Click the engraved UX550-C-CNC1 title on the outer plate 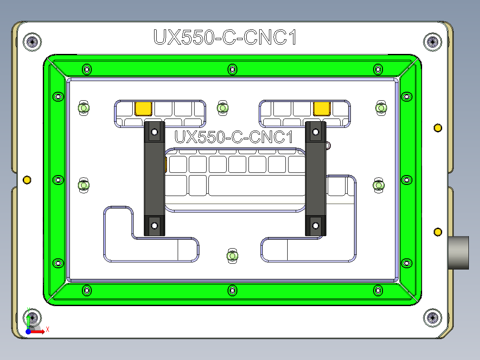coord(225,37)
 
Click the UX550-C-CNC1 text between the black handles coord(234,137)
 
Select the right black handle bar coord(315,178)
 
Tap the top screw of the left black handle coord(155,132)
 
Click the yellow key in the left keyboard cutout coord(143,108)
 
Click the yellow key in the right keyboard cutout coord(321,108)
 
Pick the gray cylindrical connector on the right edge coord(458,253)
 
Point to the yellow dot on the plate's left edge coord(27,180)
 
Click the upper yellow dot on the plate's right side coord(438,128)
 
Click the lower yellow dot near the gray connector coord(438,232)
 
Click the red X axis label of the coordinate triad coord(47,329)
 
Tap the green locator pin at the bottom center coord(232,256)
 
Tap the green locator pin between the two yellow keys coord(222,107)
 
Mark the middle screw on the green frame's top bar coord(232,69)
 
